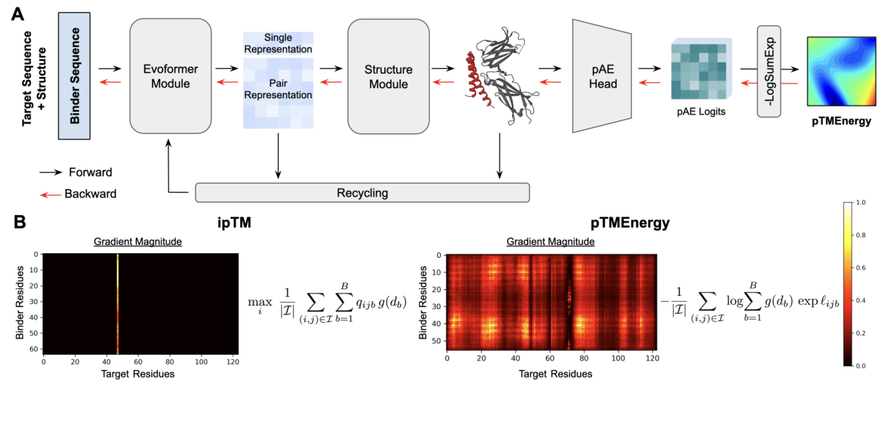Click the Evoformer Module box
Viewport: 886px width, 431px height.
[170, 76]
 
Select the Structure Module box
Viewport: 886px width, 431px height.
[388, 76]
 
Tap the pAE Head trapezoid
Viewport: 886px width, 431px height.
[602, 76]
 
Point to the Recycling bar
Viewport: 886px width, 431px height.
[362, 193]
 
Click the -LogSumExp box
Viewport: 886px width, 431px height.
[768, 70]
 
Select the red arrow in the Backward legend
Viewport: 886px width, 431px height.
[49, 195]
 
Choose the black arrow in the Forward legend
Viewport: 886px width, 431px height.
[49, 173]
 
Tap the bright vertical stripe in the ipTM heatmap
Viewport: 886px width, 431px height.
[118, 303]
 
